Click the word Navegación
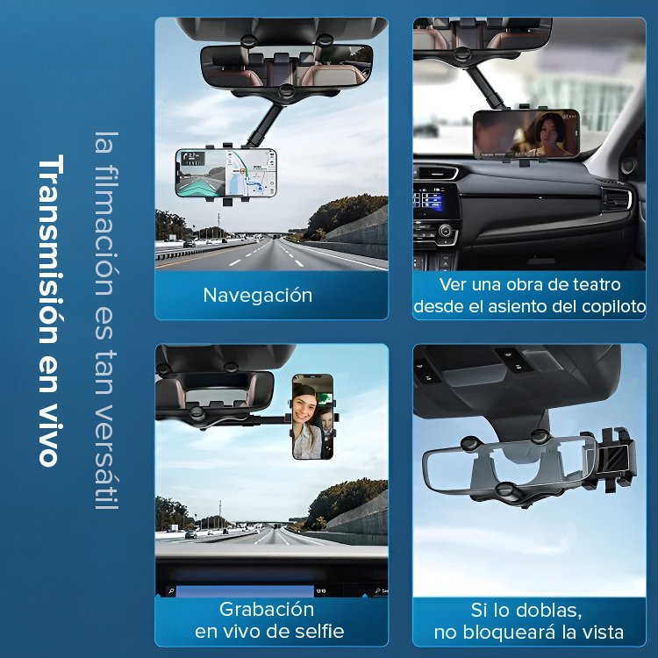point(258,296)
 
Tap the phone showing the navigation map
point(226,173)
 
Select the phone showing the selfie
point(312,417)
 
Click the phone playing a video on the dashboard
point(526,134)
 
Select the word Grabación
point(267,610)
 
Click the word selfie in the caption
point(319,631)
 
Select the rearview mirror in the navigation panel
point(287,67)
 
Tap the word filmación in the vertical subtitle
point(106,234)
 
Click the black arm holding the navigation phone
point(262,124)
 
